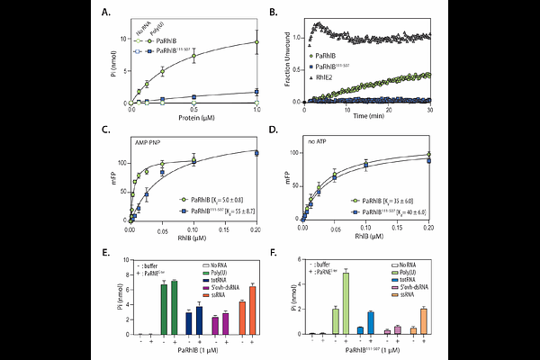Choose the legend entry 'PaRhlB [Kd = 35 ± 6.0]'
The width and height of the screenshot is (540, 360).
[388, 197]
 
